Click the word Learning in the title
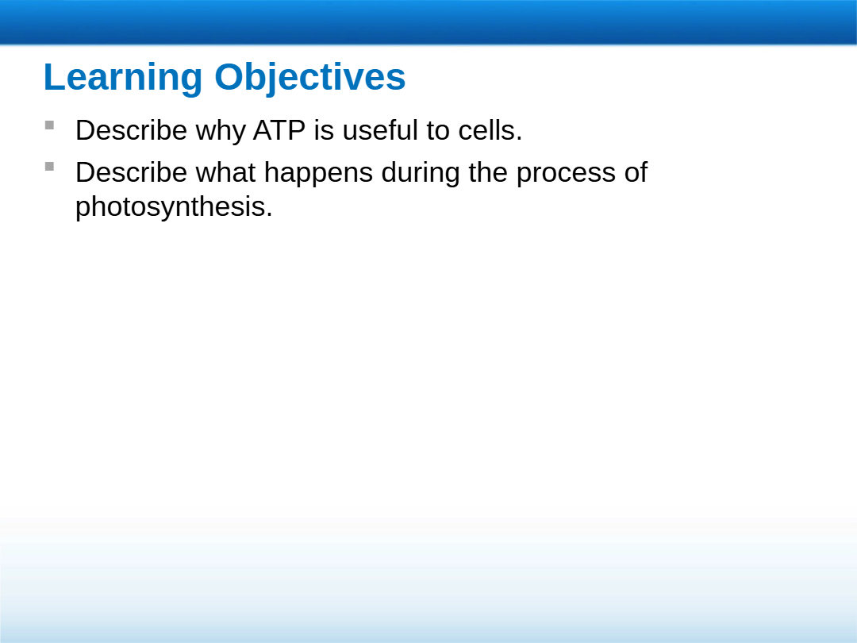click(123, 78)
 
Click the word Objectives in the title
click(310, 78)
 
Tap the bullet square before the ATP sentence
click(49, 125)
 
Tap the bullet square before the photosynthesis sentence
click(49, 166)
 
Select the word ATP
click(279, 131)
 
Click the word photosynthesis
click(174, 206)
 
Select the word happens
click(318, 174)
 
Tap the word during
click(421, 173)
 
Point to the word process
click(566, 175)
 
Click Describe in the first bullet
click(131, 131)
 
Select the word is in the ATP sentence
click(324, 131)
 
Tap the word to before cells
click(438, 131)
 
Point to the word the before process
click(488, 172)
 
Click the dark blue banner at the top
click(428, 22)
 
